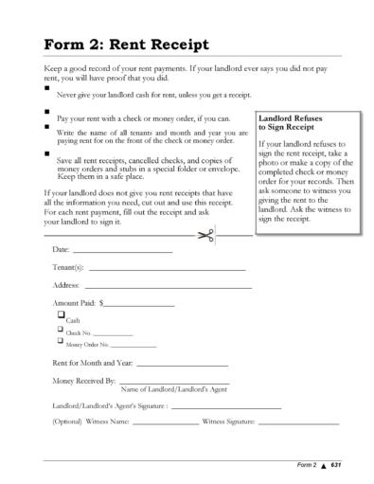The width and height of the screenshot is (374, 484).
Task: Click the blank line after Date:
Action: pyautogui.click(x=122, y=253)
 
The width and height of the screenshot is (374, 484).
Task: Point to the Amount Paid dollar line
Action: pyautogui.click(x=139, y=307)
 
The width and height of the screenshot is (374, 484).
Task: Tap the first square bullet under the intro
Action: pyautogui.click(x=48, y=87)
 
